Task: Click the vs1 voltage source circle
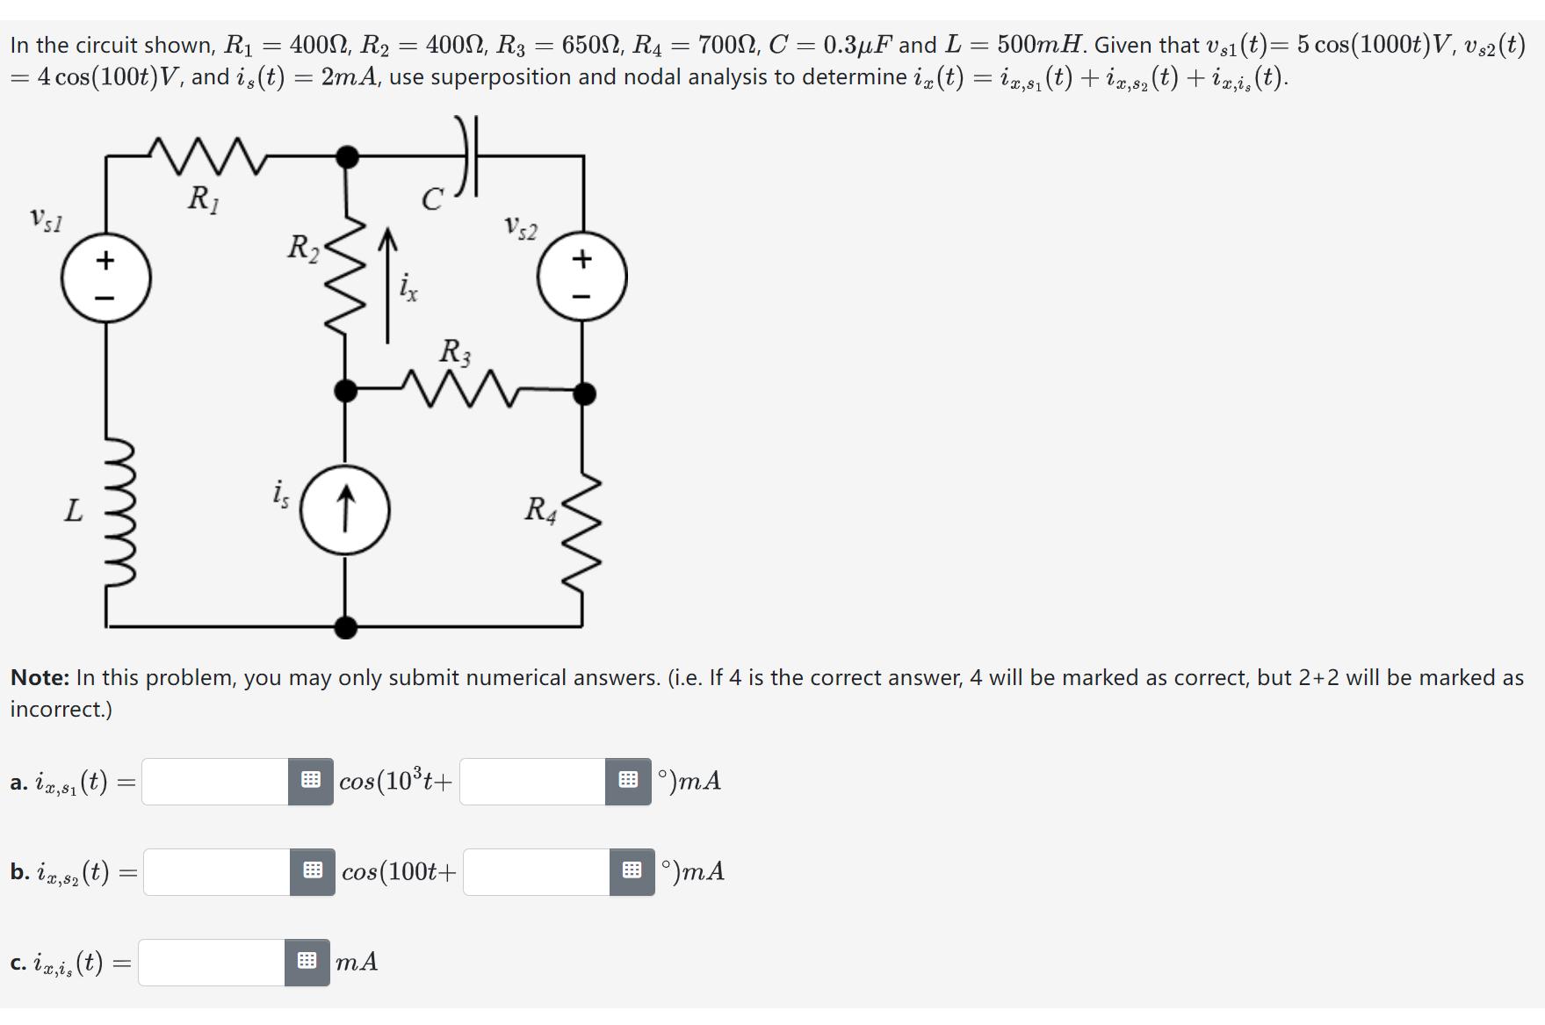click(105, 278)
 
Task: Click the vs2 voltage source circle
click(582, 277)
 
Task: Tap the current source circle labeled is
click(345, 510)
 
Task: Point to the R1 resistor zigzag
click(204, 156)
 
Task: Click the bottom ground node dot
click(346, 626)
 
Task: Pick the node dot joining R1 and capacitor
click(348, 157)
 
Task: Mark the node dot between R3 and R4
click(583, 393)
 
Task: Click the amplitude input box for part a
click(215, 781)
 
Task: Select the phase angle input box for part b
click(536, 871)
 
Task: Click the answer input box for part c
click(211, 962)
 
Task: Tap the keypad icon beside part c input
click(307, 962)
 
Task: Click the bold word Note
click(40, 677)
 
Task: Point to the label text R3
click(455, 351)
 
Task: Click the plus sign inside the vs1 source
click(105, 260)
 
